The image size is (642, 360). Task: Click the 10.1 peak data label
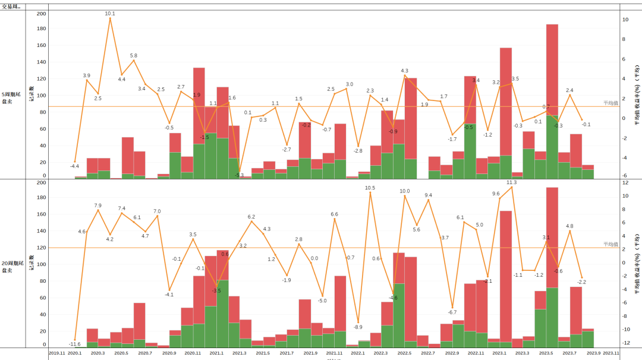click(110, 13)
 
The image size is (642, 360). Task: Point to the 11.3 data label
click(511, 182)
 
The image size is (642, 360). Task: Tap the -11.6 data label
click(75, 344)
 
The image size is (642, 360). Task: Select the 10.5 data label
click(370, 188)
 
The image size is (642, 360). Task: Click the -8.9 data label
click(358, 327)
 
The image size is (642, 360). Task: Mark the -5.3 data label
click(239, 175)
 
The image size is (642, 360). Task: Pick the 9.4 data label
click(428, 195)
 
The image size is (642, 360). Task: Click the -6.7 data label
click(452, 312)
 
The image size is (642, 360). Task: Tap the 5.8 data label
click(133, 56)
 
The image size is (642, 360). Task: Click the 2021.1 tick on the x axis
click(216, 353)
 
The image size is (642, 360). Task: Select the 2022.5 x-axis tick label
click(404, 353)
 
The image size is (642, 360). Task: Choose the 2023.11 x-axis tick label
click(611, 353)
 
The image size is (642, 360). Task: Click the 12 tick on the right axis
click(625, 182)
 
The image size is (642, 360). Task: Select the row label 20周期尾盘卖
click(12, 266)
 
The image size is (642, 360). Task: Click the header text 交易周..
click(11, 7)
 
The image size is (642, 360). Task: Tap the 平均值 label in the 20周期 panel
click(610, 244)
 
